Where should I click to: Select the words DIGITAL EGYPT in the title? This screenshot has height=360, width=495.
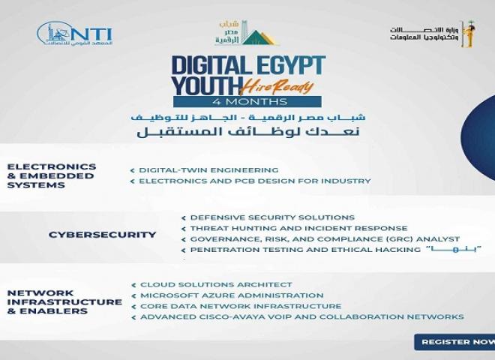click(247, 66)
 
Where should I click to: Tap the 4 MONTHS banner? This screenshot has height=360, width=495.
click(247, 101)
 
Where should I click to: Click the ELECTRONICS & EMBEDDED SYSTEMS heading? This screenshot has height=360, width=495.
click(52, 175)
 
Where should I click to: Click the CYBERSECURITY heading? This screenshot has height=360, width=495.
click(103, 235)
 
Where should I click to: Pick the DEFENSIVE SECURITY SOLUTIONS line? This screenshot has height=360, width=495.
click(262, 217)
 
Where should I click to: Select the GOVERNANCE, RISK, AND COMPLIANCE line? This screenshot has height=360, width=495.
click(325, 238)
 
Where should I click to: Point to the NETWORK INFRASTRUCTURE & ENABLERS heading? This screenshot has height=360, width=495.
click(64, 301)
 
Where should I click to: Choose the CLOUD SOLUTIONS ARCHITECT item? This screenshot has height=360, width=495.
click(216, 285)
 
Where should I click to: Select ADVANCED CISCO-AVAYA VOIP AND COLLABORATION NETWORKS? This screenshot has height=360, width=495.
click(302, 317)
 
